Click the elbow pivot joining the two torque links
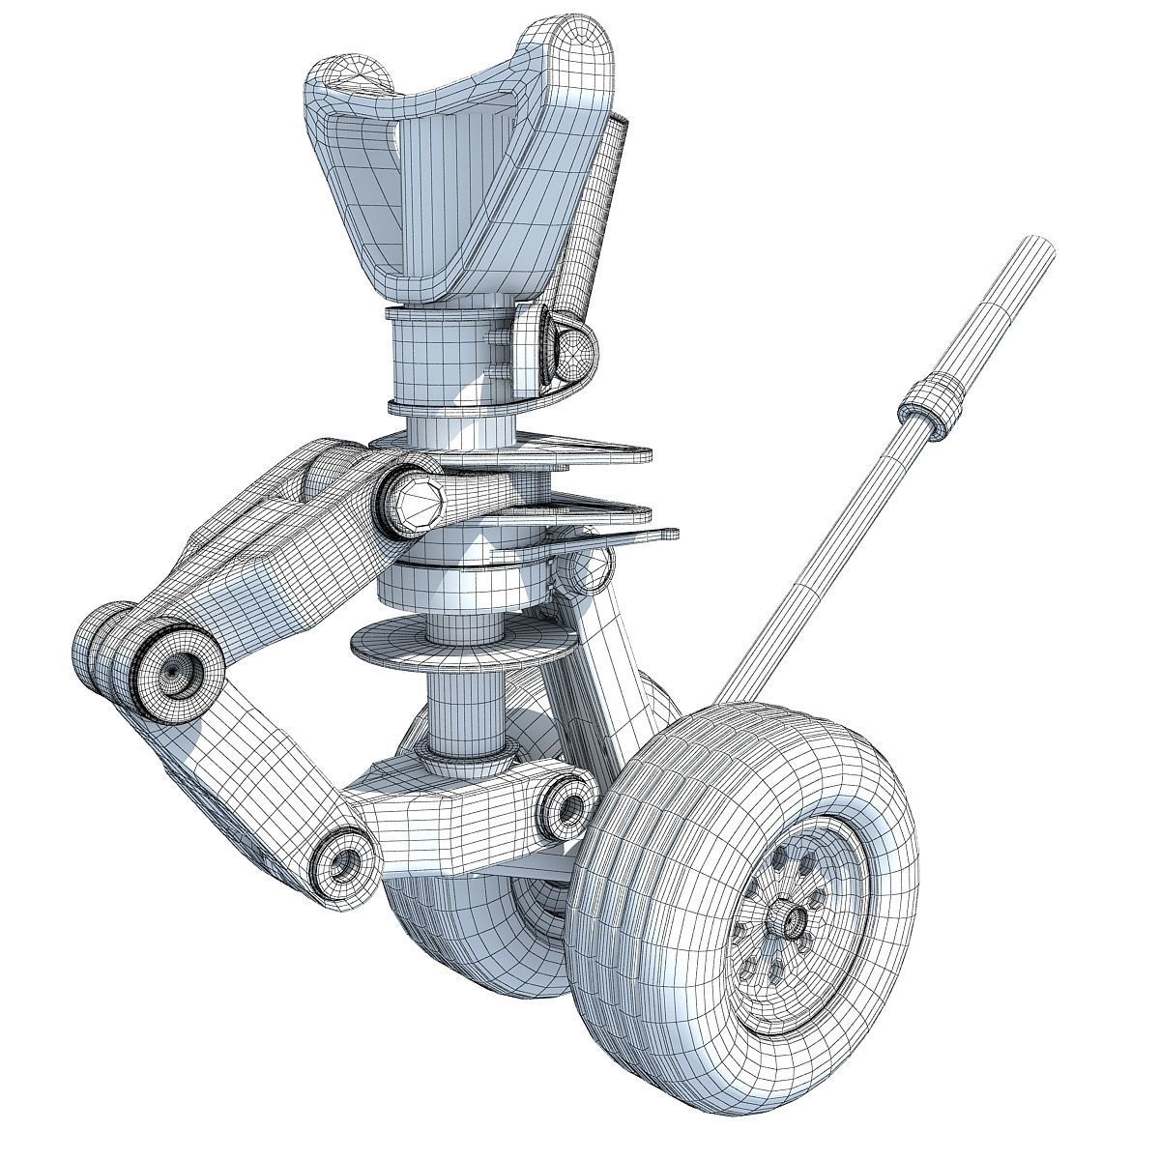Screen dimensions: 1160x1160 [x=174, y=667]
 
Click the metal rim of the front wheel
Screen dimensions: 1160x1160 [x=831, y=870]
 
